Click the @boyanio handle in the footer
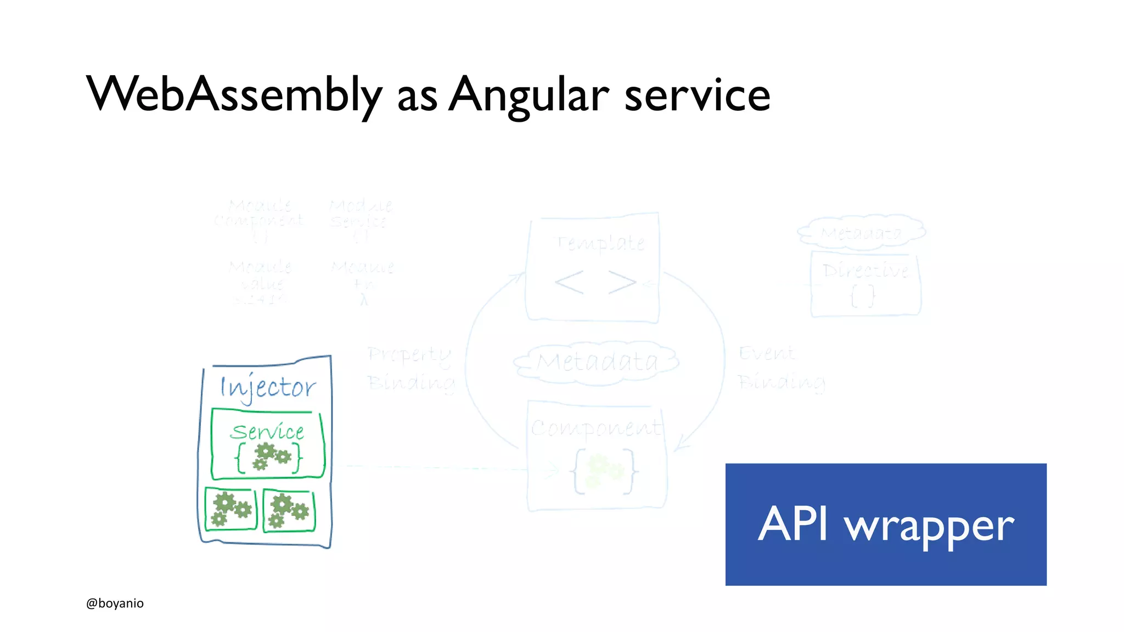(x=115, y=603)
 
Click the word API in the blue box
(x=793, y=524)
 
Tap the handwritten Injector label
(x=268, y=387)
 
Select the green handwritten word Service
(x=267, y=432)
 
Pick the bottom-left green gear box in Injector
(x=231, y=509)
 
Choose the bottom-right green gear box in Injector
(x=289, y=511)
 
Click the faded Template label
(x=602, y=243)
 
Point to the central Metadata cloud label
(x=597, y=362)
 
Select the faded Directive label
(x=866, y=270)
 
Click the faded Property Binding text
(x=411, y=368)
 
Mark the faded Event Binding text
(x=781, y=368)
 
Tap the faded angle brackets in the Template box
(x=595, y=283)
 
